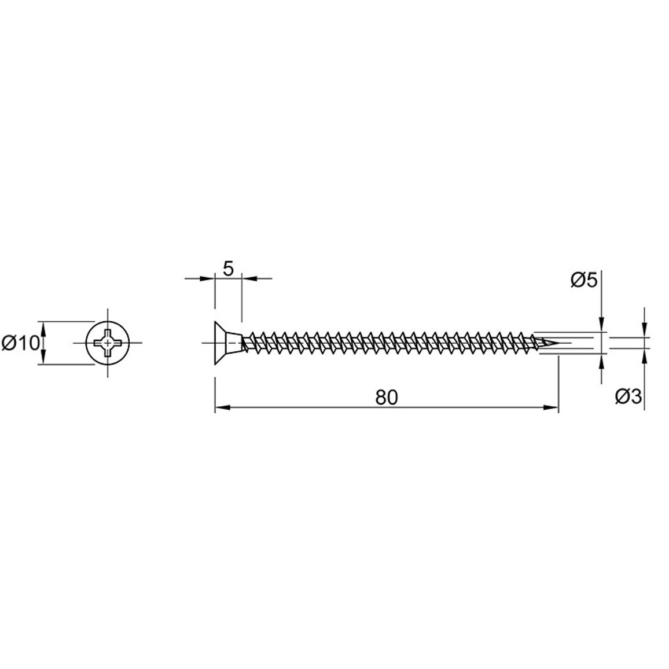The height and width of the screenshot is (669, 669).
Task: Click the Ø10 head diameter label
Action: click(x=20, y=343)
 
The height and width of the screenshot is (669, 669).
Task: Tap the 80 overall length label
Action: click(x=386, y=398)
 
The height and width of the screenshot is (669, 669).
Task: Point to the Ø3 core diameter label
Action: click(x=628, y=397)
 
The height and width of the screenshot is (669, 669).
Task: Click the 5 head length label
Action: click(x=229, y=269)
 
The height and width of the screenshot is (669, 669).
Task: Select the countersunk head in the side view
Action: click(x=227, y=343)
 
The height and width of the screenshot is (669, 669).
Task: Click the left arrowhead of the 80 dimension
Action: click(x=222, y=407)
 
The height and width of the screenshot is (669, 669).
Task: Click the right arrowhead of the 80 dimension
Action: click(x=550, y=407)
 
